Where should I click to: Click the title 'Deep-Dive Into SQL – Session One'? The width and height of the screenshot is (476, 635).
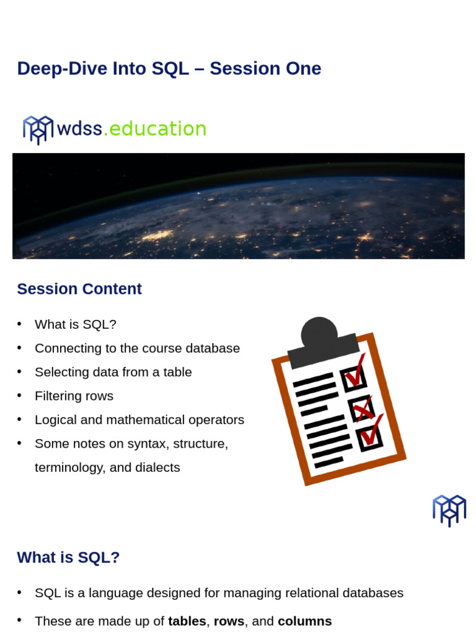click(169, 69)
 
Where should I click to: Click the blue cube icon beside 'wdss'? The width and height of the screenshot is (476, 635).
click(38, 129)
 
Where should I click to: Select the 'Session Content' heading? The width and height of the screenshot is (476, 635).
click(79, 289)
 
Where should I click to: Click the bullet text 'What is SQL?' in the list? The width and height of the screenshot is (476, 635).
click(76, 324)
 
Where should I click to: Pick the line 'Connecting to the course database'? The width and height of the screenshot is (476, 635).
click(137, 349)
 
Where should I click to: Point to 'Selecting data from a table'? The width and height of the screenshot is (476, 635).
click(113, 372)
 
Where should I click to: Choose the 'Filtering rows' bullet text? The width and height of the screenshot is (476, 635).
click(74, 396)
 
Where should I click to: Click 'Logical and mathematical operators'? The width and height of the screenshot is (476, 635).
click(139, 420)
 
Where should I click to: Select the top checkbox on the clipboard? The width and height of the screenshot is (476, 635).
click(354, 377)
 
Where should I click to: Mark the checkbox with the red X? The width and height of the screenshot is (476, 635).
click(362, 408)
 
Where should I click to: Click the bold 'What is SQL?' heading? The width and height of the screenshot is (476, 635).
click(68, 557)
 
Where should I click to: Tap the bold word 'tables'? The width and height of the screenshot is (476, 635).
click(187, 621)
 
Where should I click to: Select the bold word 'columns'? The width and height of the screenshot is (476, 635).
click(305, 621)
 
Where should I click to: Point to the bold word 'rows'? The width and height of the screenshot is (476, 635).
click(229, 621)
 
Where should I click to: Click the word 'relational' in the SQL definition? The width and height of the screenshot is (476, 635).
click(308, 593)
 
